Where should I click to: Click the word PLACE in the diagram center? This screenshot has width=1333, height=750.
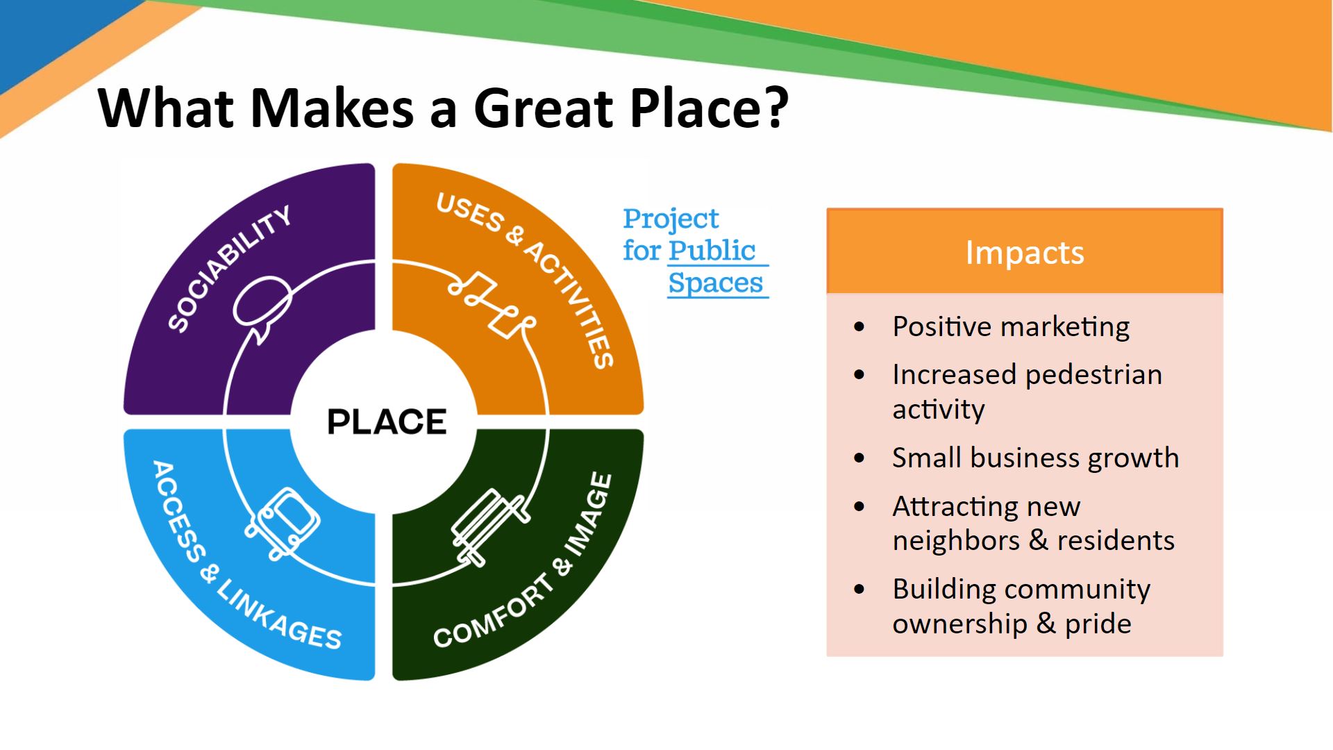point(387,422)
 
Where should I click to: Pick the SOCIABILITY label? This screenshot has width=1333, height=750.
point(229,268)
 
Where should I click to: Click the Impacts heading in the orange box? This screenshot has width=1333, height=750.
point(1025,252)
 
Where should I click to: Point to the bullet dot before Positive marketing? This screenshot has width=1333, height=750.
point(860,327)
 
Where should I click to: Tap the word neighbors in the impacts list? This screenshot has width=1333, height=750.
point(956,540)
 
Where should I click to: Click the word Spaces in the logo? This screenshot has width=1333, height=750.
point(715,283)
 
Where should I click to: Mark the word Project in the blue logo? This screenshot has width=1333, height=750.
point(671,219)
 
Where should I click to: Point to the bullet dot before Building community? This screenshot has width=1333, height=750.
point(860,590)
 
